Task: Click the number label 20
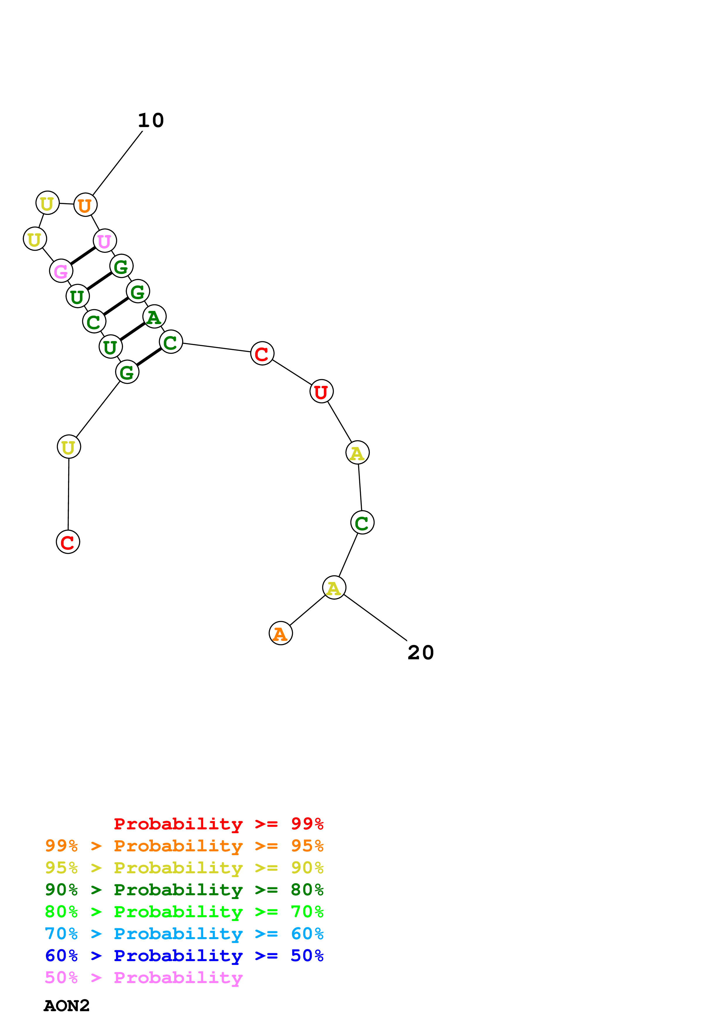421,653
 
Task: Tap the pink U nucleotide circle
105,241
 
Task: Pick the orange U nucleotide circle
85,205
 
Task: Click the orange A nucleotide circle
281,633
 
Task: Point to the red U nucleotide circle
321,391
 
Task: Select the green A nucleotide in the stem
154,317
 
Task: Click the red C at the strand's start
68,542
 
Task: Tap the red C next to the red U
262,353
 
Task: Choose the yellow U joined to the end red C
69,447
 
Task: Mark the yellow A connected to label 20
334,588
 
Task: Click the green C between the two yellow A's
362,523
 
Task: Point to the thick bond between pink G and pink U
83,256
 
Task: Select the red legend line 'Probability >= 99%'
218,824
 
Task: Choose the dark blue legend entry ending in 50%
184,956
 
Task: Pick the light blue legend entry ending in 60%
184,934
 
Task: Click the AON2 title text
67,1006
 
